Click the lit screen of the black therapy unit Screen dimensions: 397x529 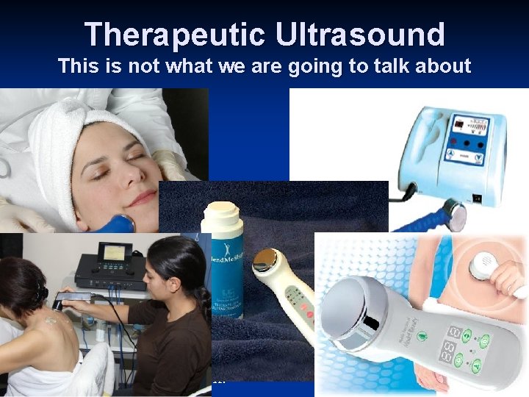tap(115, 254)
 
